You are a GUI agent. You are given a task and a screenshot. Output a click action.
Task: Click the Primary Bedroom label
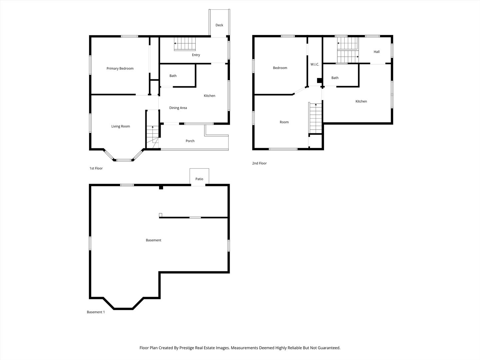120,68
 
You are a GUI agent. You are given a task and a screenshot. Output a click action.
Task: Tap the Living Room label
121,126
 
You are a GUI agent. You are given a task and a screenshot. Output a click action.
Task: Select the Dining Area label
178,108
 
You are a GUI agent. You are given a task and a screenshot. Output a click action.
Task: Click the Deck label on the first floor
219,25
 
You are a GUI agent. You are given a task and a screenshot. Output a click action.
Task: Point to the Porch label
190,141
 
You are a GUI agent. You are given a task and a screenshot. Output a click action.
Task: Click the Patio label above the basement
199,179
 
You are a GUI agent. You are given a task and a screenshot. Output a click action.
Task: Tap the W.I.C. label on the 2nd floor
315,64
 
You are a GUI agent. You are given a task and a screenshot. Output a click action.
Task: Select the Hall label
377,52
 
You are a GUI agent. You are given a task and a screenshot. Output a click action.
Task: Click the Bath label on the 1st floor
173,76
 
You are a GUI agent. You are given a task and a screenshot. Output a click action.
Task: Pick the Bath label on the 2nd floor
335,78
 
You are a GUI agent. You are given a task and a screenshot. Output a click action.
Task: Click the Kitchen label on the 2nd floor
361,101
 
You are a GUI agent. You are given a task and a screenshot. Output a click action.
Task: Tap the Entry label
196,55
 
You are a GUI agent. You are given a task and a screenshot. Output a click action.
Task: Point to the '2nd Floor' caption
259,163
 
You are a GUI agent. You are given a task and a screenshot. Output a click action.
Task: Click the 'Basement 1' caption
96,312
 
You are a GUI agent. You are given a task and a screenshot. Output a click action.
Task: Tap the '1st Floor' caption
96,168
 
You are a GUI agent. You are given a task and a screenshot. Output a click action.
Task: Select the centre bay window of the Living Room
123,160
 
